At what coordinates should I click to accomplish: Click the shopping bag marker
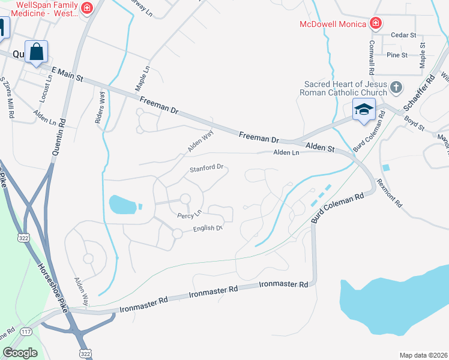(x=37, y=52)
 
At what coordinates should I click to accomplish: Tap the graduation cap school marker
(x=364, y=111)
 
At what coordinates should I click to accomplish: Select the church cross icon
(x=396, y=88)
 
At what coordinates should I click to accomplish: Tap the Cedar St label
(x=403, y=35)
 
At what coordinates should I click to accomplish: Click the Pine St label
(x=397, y=55)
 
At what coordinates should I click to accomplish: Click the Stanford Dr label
(x=206, y=169)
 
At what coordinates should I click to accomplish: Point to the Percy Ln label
(x=188, y=214)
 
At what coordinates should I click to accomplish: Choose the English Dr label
(x=208, y=229)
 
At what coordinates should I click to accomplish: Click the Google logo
(x=20, y=353)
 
